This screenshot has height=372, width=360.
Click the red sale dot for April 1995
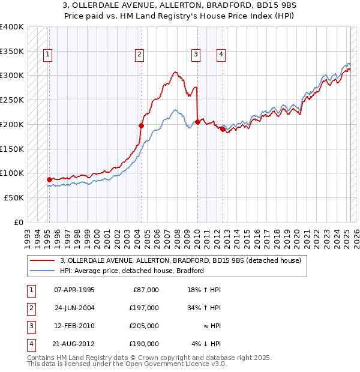pyautogui.click(x=49, y=179)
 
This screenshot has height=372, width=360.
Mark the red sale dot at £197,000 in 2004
pyautogui.click(x=141, y=125)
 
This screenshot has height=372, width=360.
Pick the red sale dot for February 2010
pyautogui.click(x=197, y=122)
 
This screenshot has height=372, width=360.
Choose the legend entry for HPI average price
pyautogui.click(x=132, y=271)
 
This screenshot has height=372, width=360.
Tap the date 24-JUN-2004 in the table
pyautogui.click(x=74, y=308)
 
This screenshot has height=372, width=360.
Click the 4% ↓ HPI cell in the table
pyautogui.click(x=206, y=344)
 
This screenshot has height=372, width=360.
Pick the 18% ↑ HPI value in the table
pyautogui.click(x=204, y=290)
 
